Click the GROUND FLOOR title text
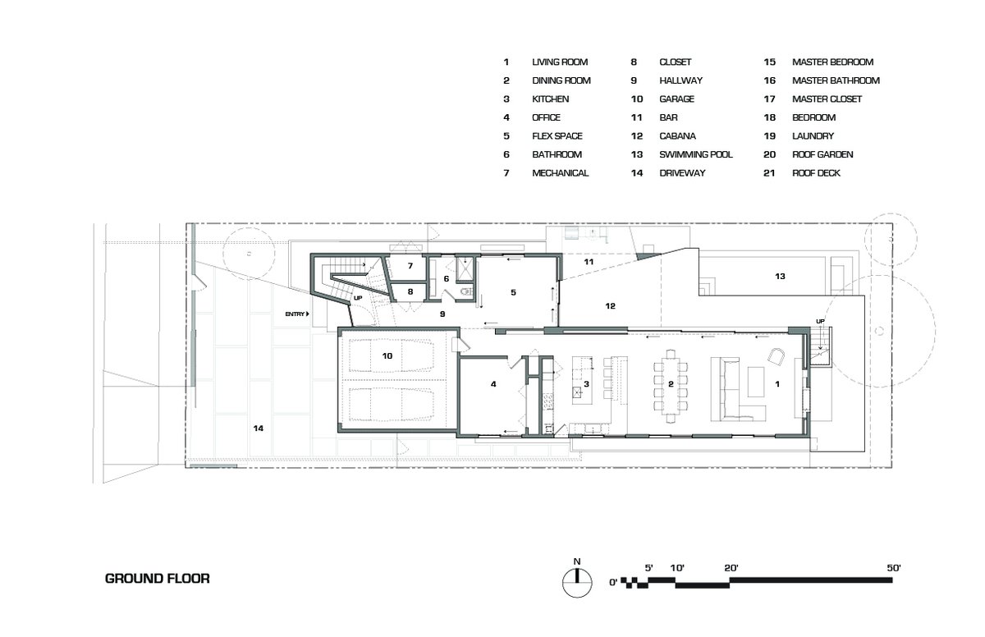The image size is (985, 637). (157, 579)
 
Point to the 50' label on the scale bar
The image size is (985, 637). (894, 567)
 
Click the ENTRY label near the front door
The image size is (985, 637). (295, 314)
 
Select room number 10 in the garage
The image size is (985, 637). (387, 355)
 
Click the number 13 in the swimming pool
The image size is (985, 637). (780, 276)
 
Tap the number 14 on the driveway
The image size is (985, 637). (258, 428)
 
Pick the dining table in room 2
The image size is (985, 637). (671, 386)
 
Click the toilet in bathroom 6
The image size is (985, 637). (465, 291)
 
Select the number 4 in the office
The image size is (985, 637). (493, 384)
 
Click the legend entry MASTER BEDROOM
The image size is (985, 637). (832, 62)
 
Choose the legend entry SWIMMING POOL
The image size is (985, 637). (696, 154)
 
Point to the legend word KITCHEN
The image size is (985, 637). (550, 99)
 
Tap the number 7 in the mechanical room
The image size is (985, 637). (410, 265)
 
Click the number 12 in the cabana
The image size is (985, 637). (610, 306)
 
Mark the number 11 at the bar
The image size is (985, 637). (589, 262)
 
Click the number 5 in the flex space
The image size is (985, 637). (513, 292)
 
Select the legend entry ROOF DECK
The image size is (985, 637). (816, 172)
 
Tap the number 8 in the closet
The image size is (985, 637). (410, 291)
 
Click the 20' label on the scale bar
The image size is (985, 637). (731, 568)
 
